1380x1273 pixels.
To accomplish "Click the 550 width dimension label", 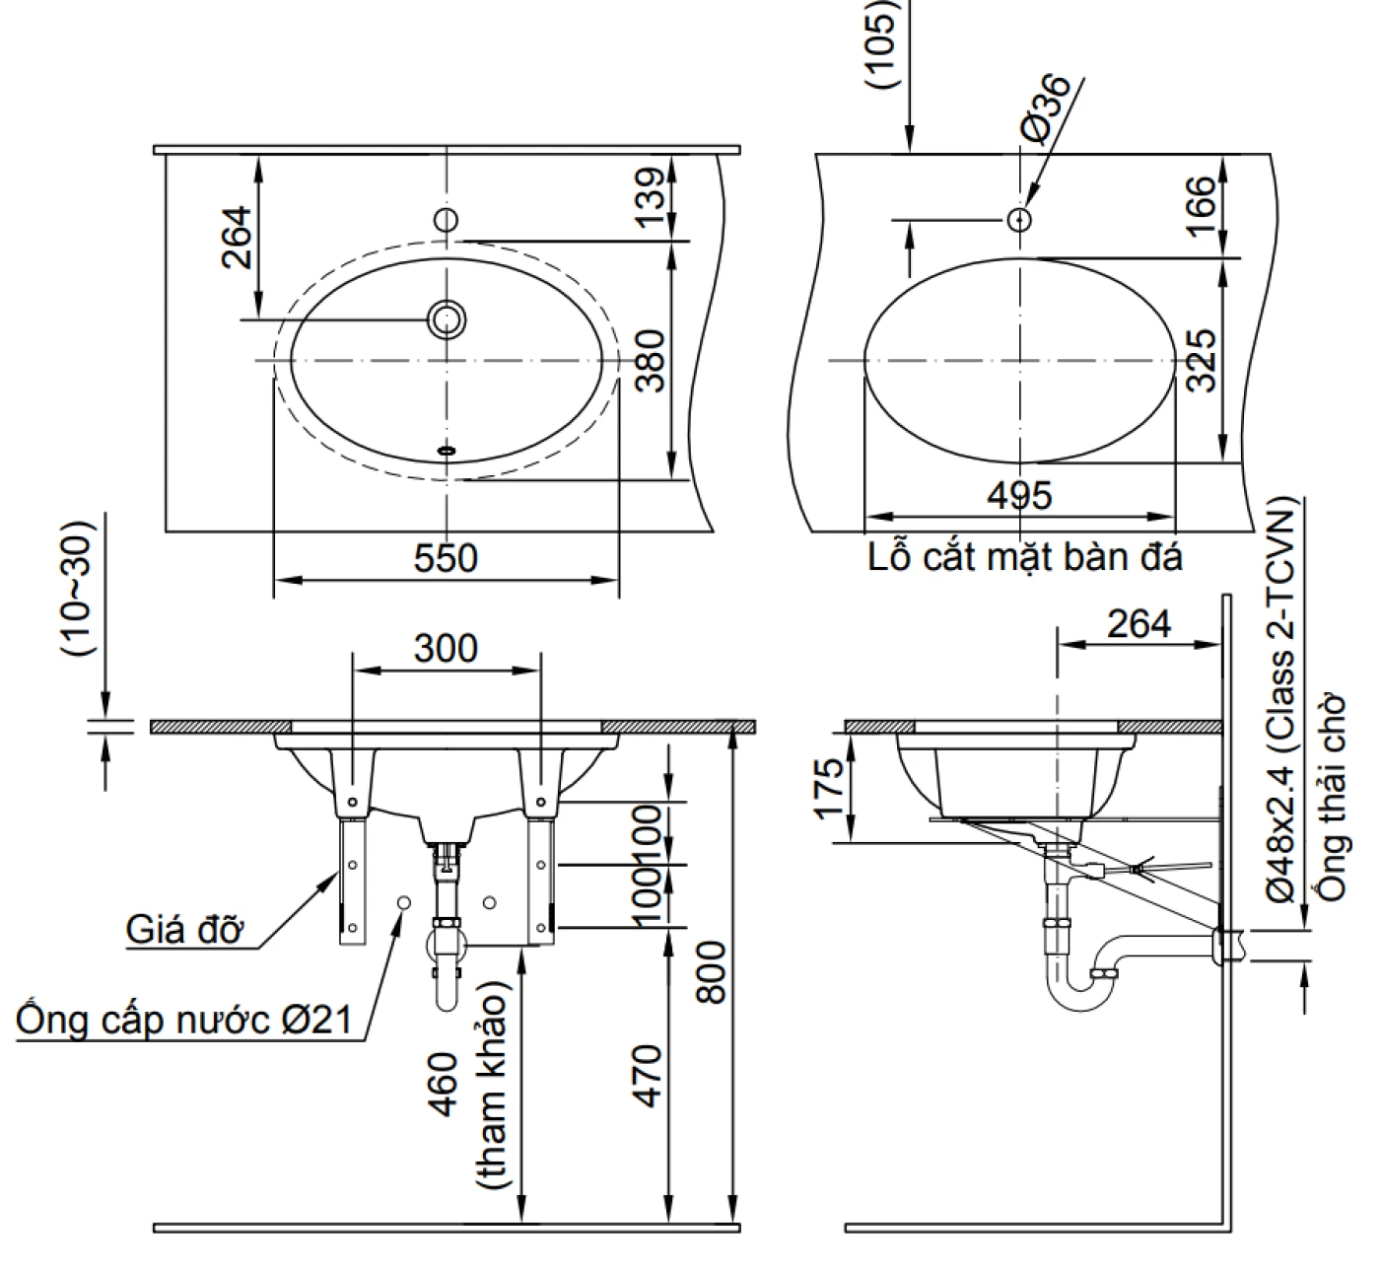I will pyautogui.click(x=446, y=558).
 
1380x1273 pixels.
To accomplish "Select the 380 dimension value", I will pyautogui.click(x=650, y=360).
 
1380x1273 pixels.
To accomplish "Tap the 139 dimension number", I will pyautogui.click(x=650, y=196).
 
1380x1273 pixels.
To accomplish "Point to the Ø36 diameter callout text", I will pyautogui.click(x=1047, y=107).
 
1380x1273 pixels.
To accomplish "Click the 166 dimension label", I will pyautogui.click(x=1201, y=205).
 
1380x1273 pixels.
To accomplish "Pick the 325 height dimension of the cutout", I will pyautogui.click(x=1201, y=360).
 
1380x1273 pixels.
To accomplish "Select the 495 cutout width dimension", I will pyautogui.click(x=1019, y=495).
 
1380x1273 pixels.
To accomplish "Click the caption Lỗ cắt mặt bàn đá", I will pyautogui.click(x=1025, y=558).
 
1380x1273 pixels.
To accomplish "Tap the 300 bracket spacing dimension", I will pyautogui.click(x=446, y=649).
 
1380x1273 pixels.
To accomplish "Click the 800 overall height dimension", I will pyautogui.click(x=713, y=971).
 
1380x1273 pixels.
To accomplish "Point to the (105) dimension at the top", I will pyautogui.click(x=881, y=44).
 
